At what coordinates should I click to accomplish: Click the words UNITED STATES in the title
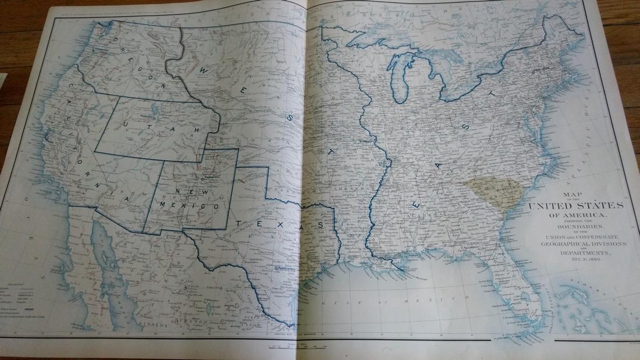click(582, 206)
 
